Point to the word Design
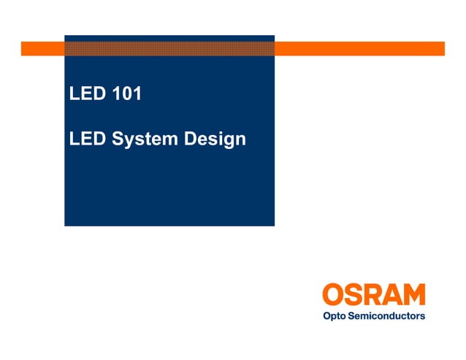215,139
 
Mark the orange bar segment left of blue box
42,49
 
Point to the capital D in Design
191,139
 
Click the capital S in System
117,139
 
